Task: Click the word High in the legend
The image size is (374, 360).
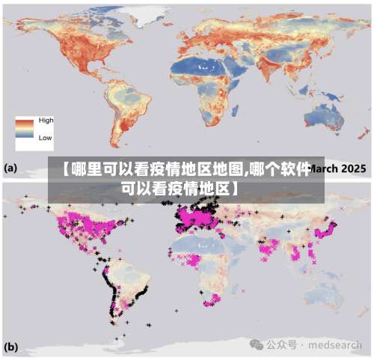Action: coord(46,120)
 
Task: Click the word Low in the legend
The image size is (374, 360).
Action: coord(45,138)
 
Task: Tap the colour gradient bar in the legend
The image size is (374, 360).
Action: coord(25,129)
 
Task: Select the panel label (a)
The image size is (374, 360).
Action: coord(11,168)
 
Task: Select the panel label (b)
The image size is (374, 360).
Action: coord(11,347)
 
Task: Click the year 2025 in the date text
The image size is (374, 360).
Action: coord(352,168)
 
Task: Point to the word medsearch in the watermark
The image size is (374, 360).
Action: coord(337,345)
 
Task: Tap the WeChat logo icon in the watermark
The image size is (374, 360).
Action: coord(257,344)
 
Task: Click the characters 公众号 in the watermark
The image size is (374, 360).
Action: coord(283,345)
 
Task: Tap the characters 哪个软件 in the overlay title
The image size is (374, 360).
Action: coord(279,168)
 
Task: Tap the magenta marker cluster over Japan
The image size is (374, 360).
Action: coord(328,228)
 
